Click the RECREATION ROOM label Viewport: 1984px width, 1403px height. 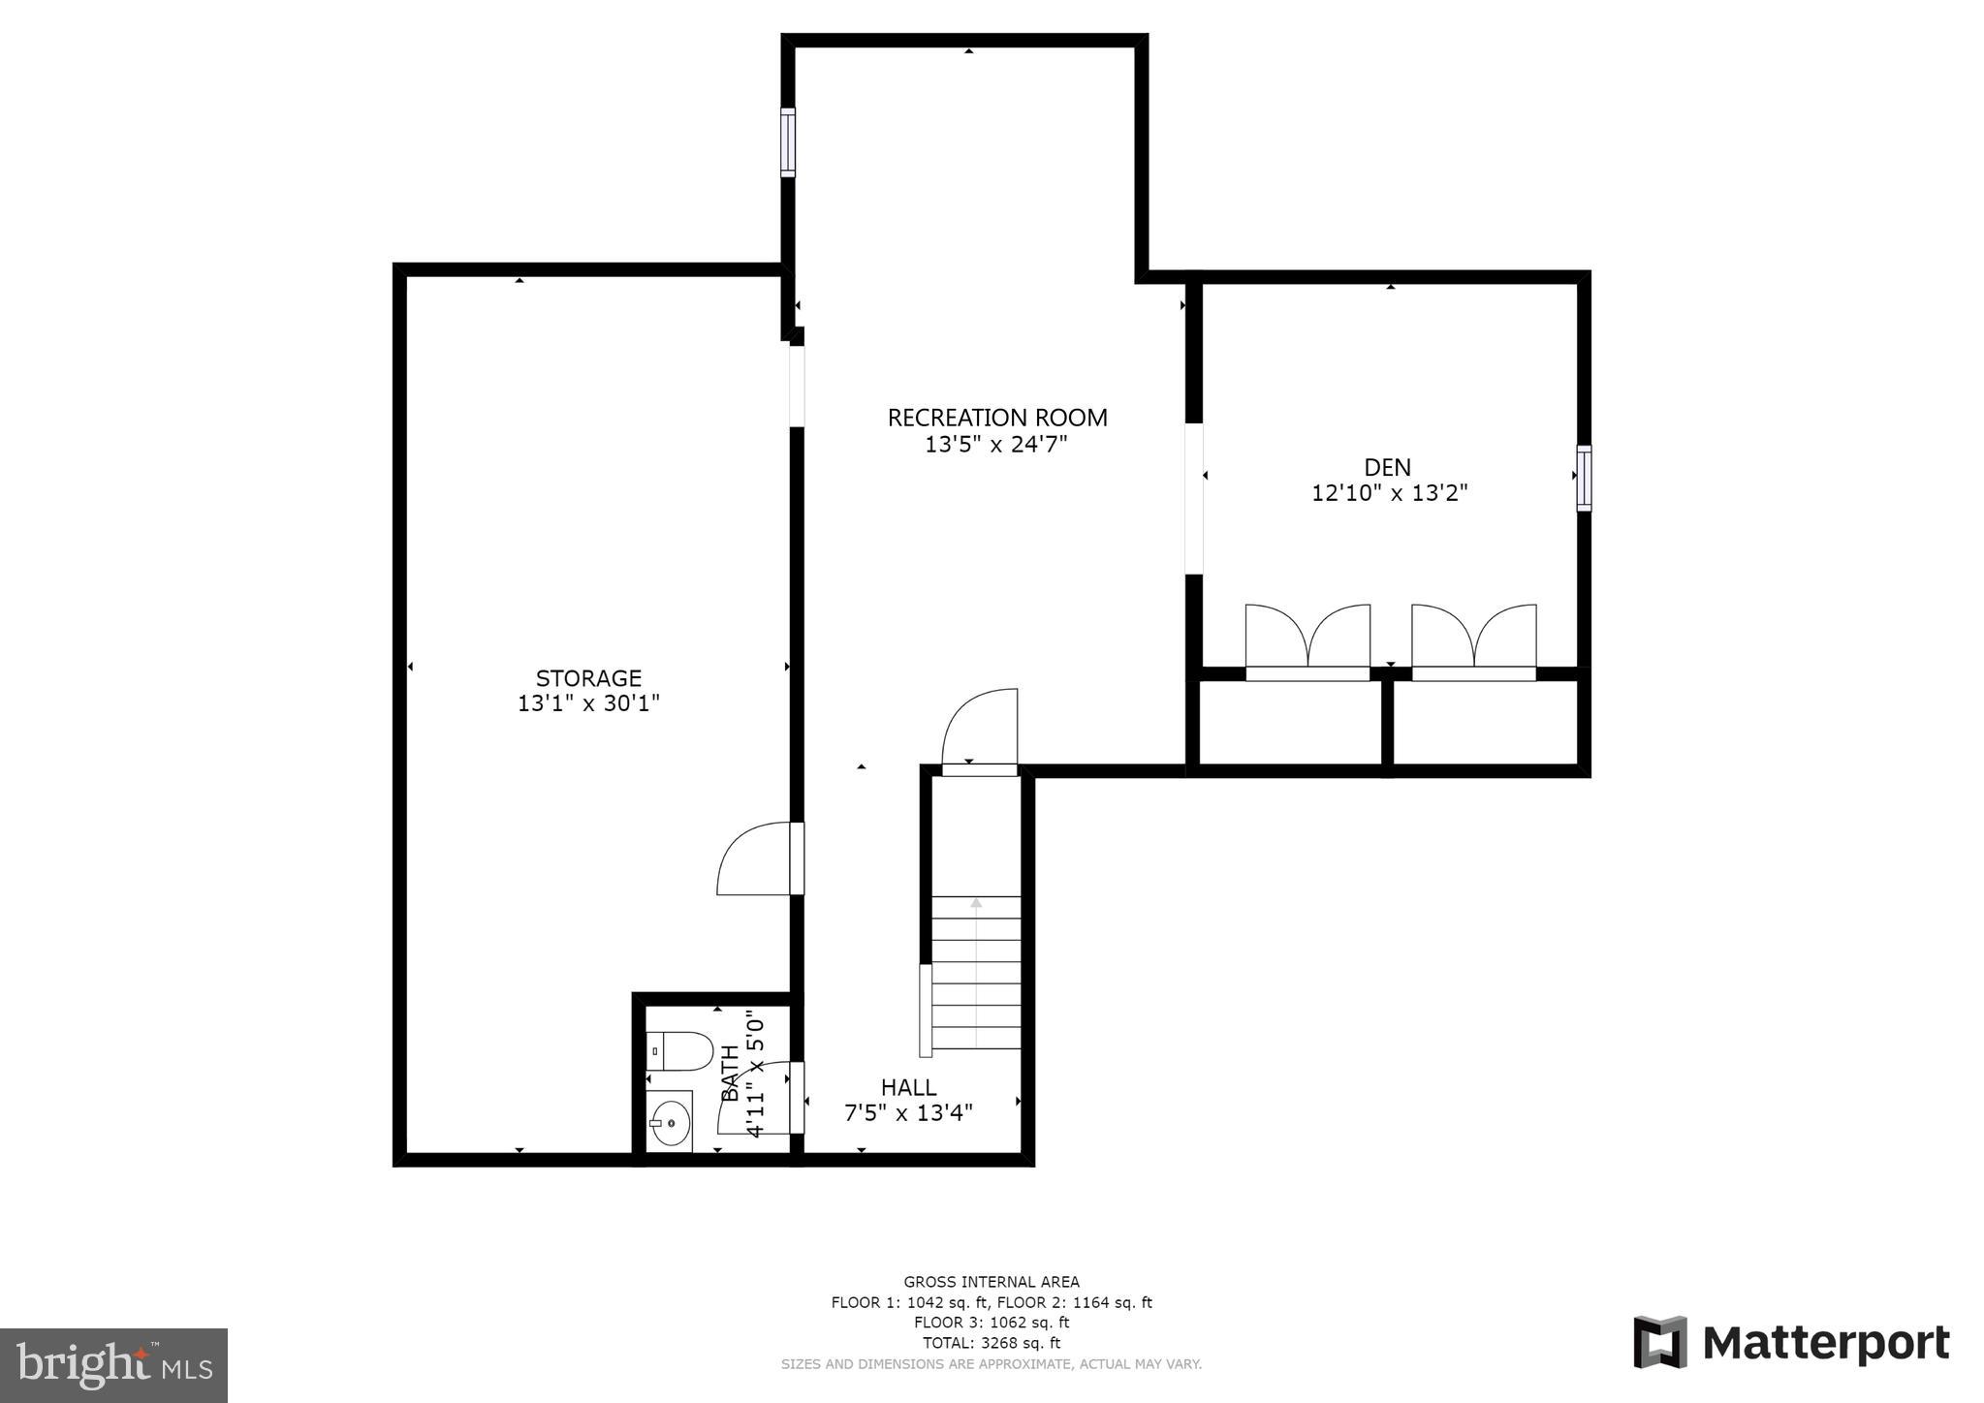(996, 418)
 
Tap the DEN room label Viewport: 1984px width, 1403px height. (1388, 467)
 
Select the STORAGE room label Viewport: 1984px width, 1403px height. (588, 678)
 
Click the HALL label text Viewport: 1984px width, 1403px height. (908, 1087)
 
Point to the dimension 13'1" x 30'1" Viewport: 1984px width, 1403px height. (588, 703)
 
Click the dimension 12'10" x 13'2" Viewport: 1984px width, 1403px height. (1389, 493)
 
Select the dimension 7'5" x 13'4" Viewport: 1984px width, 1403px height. (908, 1113)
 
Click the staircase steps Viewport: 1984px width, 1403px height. (976, 973)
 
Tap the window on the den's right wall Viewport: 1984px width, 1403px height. (1584, 478)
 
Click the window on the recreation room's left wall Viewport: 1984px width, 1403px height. (788, 142)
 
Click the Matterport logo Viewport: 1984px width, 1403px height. (1791, 1343)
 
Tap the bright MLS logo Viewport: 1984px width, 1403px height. (113, 1365)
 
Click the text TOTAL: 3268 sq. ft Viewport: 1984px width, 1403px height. (991, 1343)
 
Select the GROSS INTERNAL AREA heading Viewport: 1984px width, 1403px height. (991, 1282)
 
